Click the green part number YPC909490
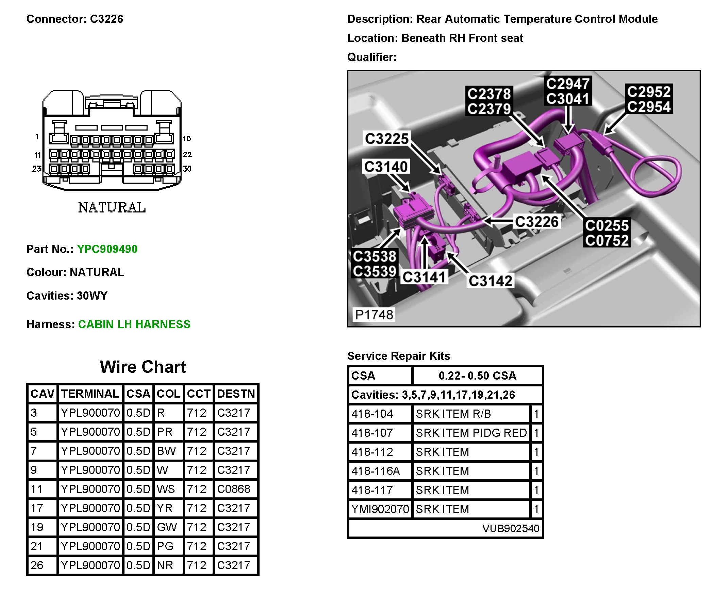[107, 249]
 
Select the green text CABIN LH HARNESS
[134, 324]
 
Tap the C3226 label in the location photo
[536, 222]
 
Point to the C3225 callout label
[386, 139]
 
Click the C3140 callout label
[386, 167]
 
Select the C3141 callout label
[424, 277]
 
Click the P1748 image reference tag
[374, 315]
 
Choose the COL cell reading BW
[166, 451]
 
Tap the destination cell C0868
[234, 489]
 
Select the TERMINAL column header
[90, 394]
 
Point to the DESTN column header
[236, 394]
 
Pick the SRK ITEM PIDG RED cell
[471, 433]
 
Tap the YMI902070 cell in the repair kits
[380, 509]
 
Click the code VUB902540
[511, 528]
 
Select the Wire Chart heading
[143, 367]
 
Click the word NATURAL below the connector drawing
[112, 207]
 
